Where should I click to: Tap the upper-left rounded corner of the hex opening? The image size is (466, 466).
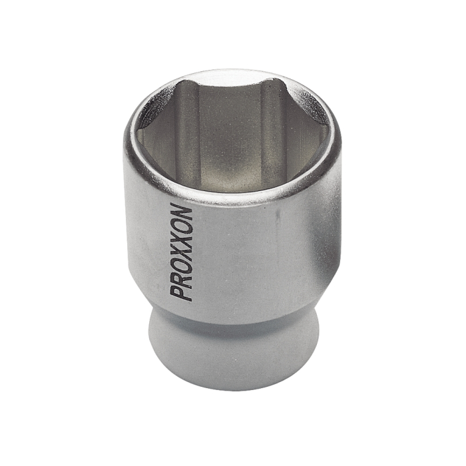point(183,87)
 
